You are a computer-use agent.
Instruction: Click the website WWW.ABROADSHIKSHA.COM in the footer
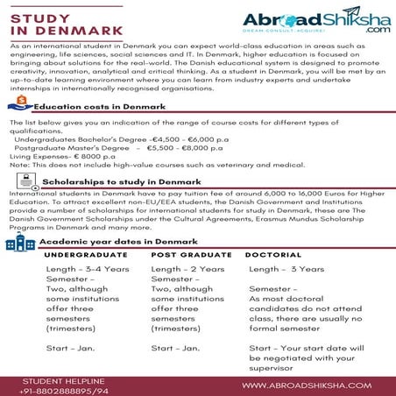(312, 383)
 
